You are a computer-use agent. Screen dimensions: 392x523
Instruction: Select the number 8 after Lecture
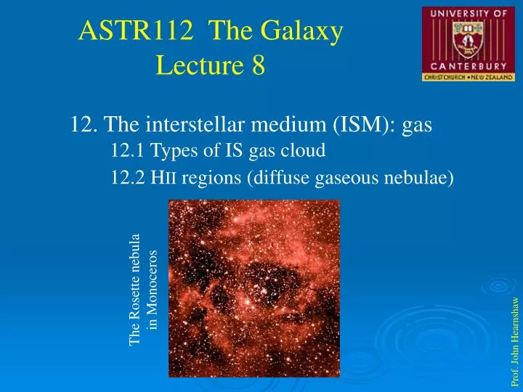click(259, 66)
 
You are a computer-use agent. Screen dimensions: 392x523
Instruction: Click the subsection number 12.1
click(128, 152)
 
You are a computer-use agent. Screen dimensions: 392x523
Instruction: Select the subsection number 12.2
click(128, 178)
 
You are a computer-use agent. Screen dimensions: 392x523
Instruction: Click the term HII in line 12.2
click(165, 178)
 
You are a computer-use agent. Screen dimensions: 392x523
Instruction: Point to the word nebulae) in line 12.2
click(422, 178)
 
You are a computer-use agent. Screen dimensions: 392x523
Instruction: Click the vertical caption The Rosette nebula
click(135, 290)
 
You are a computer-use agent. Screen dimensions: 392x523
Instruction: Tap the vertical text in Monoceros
click(153, 290)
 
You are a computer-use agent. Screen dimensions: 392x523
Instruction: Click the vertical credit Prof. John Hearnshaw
click(515, 341)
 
